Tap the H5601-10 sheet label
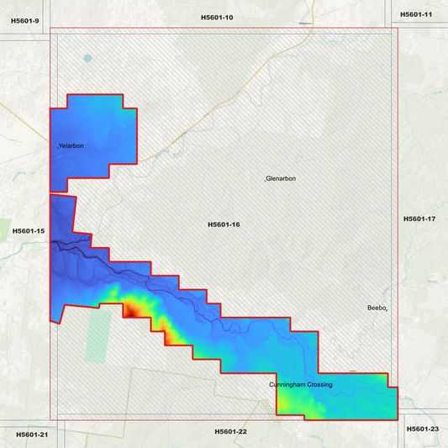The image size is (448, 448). point(217,17)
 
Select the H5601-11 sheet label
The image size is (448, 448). point(416,14)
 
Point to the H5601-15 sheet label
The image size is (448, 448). point(29,230)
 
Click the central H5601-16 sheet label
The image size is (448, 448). point(224,224)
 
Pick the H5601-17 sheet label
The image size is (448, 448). point(419,219)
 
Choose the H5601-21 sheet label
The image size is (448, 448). point(32,434)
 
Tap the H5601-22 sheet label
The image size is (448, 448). point(230,431)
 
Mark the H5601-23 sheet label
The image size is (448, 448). point(422,429)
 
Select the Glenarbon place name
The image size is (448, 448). point(282,179)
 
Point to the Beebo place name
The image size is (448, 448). point(376,308)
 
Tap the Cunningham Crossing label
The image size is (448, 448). point(301,384)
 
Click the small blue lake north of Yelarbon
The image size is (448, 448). point(88,59)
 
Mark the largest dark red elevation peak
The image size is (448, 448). point(133,311)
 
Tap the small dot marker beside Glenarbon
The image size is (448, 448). point(265,180)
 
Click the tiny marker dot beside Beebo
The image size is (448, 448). point(387,310)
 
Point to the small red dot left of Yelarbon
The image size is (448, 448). point(57,148)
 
